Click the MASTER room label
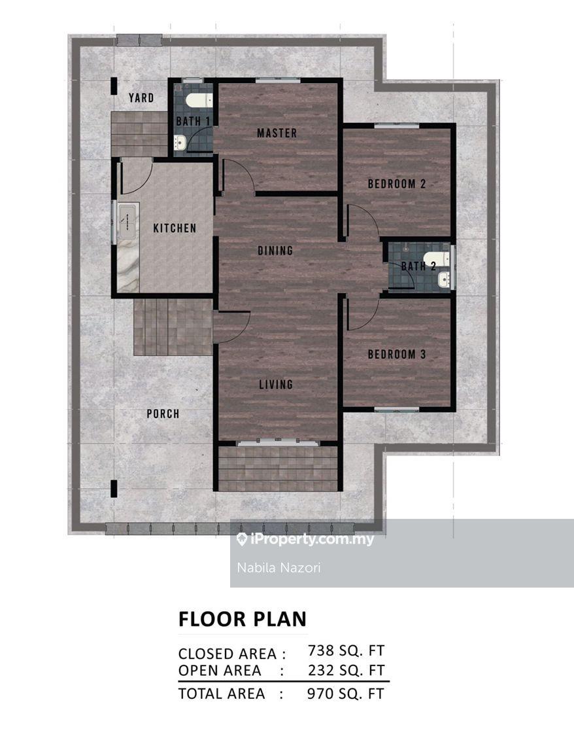277,133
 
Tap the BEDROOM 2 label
397,184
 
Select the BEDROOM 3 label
397,354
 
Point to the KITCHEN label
175,228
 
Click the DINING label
275,251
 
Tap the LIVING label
276,384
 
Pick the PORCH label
163,414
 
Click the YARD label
141,98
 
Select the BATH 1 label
193,122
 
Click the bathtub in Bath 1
199,100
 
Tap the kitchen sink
127,221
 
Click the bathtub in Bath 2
436,259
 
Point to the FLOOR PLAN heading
243,619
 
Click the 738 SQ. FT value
346,651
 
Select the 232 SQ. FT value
346,670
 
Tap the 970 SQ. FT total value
346,694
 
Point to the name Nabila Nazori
279,568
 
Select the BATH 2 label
418,266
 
